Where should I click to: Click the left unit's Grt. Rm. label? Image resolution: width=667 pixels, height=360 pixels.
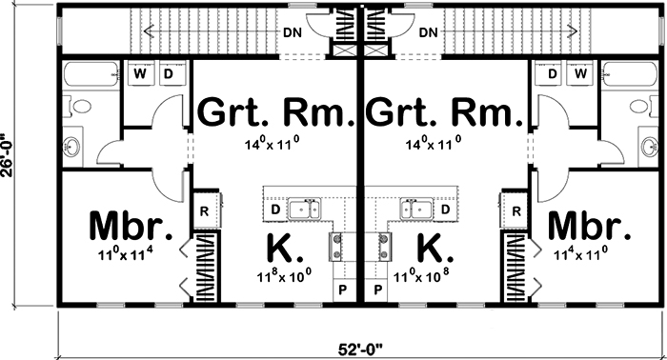[275, 113]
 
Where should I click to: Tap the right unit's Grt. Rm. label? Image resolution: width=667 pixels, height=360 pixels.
[444, 113]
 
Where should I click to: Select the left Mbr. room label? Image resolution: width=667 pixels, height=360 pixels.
[131, 228]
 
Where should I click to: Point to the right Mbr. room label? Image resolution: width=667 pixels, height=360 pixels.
[590, 228]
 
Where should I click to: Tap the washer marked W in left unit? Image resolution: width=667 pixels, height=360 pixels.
[141, 73]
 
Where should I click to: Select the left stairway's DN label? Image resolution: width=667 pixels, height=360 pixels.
[293, 33]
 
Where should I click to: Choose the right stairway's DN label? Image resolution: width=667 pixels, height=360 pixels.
[427, 33]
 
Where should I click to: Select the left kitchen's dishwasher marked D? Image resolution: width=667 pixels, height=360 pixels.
[274, 209]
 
